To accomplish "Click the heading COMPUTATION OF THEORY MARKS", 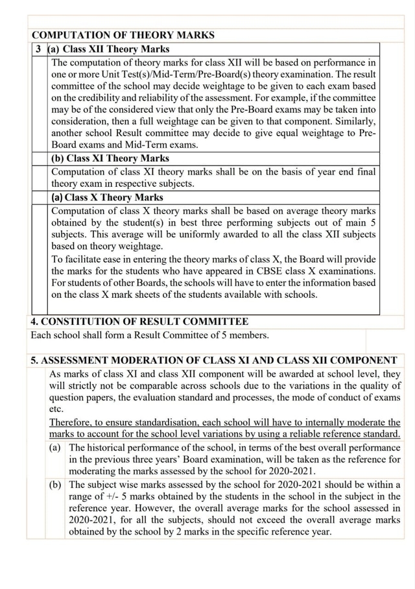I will coord(123,35).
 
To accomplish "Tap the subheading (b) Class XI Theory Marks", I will coord(110,158).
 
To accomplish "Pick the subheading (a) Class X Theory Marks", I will coord(107,197).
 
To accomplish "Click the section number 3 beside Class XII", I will coord(40,49).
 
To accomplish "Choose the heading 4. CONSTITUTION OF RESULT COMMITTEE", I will coord(139,322).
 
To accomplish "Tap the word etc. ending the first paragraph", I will coord(56,409).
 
